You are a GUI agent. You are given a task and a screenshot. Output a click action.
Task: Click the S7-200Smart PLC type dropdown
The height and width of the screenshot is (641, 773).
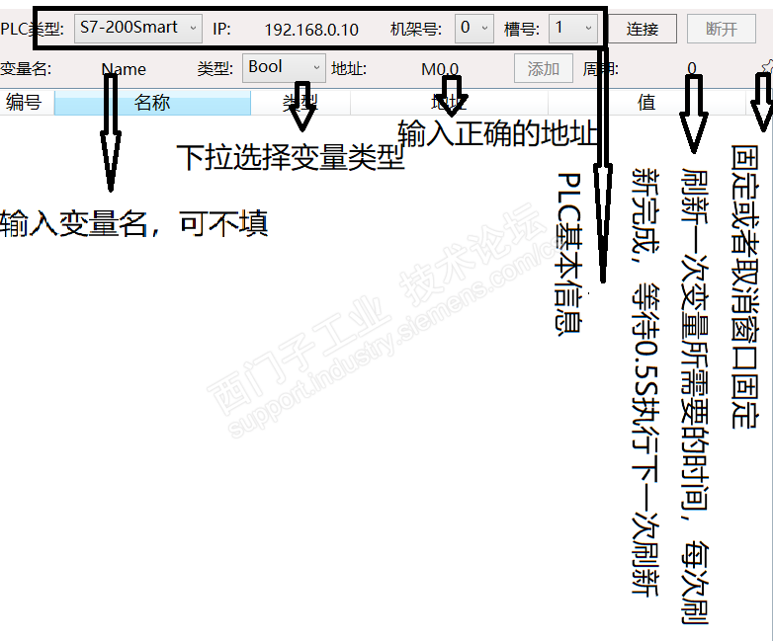137,28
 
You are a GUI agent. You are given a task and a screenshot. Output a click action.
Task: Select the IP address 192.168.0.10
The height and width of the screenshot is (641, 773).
311,29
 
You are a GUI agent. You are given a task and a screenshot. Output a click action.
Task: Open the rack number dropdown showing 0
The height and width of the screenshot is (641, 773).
474,28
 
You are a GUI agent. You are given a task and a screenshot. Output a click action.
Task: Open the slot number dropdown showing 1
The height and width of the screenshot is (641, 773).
572,28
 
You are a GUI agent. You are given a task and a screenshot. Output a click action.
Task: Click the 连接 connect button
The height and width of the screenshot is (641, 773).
643,29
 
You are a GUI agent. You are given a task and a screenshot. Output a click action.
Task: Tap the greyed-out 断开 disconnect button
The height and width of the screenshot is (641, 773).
722,29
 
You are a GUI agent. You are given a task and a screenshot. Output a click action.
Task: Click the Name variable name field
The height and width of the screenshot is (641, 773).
124,69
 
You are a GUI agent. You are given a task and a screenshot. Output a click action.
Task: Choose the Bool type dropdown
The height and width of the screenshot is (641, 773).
285,67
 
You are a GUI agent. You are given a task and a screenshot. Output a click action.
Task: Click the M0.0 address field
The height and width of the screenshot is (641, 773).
440,69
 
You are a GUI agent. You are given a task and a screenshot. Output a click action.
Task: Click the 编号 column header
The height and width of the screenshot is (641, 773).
24,102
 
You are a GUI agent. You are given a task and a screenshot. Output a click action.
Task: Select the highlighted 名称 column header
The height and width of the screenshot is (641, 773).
152,102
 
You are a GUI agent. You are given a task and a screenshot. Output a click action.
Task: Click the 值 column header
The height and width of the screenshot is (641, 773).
646,102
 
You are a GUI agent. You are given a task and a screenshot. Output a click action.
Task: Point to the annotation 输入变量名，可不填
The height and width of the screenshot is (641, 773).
134,223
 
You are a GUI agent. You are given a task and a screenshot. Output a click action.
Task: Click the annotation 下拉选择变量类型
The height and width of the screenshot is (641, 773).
291,158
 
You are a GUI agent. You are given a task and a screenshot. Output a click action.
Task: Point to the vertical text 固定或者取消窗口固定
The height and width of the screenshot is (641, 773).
745,286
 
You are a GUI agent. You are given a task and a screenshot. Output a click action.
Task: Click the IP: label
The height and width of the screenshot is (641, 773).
221,29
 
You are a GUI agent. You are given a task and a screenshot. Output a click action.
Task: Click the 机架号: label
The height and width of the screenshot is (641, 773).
415,29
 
